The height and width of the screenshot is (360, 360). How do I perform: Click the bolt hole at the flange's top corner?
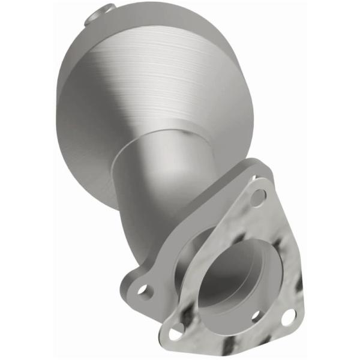pyautogui.click(x=258, y=195)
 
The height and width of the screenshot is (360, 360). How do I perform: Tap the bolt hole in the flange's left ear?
pyautogui.click(x=143, y=290)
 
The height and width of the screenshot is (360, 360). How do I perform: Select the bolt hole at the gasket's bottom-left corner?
pyautogui.click(x=177, y=329)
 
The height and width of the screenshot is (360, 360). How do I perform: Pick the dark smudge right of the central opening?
pyautogui.click(x=279, y=264)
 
